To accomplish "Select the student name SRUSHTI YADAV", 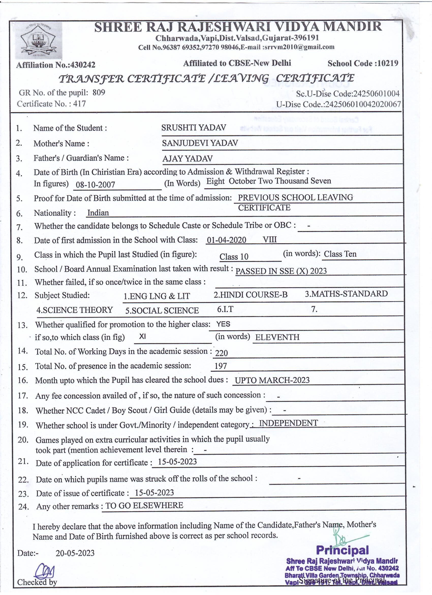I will click(x=194, y=127).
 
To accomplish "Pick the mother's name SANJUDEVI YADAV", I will click(x=200, y=143).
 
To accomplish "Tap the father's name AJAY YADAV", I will click(x=187, y=159).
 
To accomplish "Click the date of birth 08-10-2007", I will click(x=95, y=185).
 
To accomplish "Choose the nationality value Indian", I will click(x=98, y=212).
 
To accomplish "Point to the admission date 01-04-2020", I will click(x=226, y=240).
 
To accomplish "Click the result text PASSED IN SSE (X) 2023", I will click(x=281, y=271).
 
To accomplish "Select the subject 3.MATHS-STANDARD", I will click(x=346, y=294).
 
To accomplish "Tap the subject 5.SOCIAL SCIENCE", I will click(x=162, y=311).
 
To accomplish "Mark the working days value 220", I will click(x=221, y=353).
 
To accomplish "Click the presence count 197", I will click(x=221, y=366).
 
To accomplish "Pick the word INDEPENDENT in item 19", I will click(x=288, y=423).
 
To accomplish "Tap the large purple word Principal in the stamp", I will click(x=342, y=550).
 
